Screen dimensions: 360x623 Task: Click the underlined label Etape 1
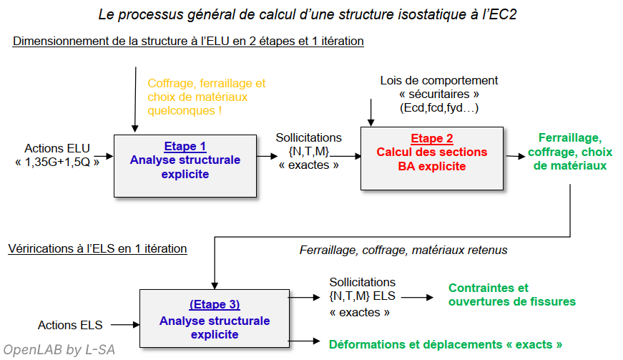click(x=185, y=146)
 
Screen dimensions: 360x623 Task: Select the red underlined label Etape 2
click(x=431, y=139)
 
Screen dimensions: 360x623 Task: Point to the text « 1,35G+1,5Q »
click(x=58, y=162)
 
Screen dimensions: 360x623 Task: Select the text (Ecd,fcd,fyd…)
click(x=438, y=108)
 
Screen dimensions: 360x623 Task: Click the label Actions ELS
click(x=70, y=325)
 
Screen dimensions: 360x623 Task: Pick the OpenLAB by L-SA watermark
click(x=58, y=349)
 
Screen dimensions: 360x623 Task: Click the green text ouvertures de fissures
click(x=511, y=301)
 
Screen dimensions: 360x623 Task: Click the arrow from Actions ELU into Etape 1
click(x=104, y=155)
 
